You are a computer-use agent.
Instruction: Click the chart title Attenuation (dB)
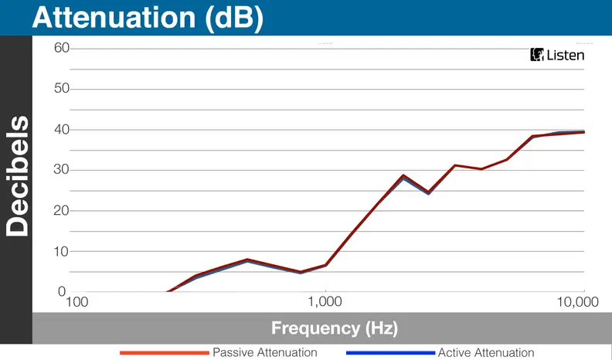(x=148, y=18)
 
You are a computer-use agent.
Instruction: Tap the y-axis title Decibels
(x=17, y=176)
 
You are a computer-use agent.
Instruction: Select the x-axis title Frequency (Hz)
(x=335, y=328)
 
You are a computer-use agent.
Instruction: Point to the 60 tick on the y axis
(x=62, y=48)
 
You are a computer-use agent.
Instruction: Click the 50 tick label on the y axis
(x=62, y=88)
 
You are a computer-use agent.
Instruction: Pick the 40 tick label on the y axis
(x=62, y=129)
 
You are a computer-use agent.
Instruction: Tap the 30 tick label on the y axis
(x=62, y=169)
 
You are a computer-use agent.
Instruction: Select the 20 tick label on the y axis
(x=62, y=210)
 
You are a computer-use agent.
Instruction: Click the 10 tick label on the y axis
(x=62, y=251)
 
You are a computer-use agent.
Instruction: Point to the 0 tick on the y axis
(x=62, y=291)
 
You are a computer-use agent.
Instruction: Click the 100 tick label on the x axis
(x=77, y=302)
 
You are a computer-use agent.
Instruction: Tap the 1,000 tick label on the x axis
(x=325, y=301)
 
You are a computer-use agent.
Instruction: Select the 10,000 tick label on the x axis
(x=578, y=302)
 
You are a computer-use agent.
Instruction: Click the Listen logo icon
(x=537, y=55)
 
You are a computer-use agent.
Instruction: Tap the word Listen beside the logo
(x=566, y=55)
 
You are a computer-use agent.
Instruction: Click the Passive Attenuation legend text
(x=264, y=352)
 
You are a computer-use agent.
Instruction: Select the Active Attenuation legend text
(x=486, y=352)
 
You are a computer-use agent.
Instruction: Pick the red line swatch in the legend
(x=165, y=353)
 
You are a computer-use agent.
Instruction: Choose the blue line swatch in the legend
(x=390, y=353)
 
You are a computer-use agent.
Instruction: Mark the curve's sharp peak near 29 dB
(x=403, y=176)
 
